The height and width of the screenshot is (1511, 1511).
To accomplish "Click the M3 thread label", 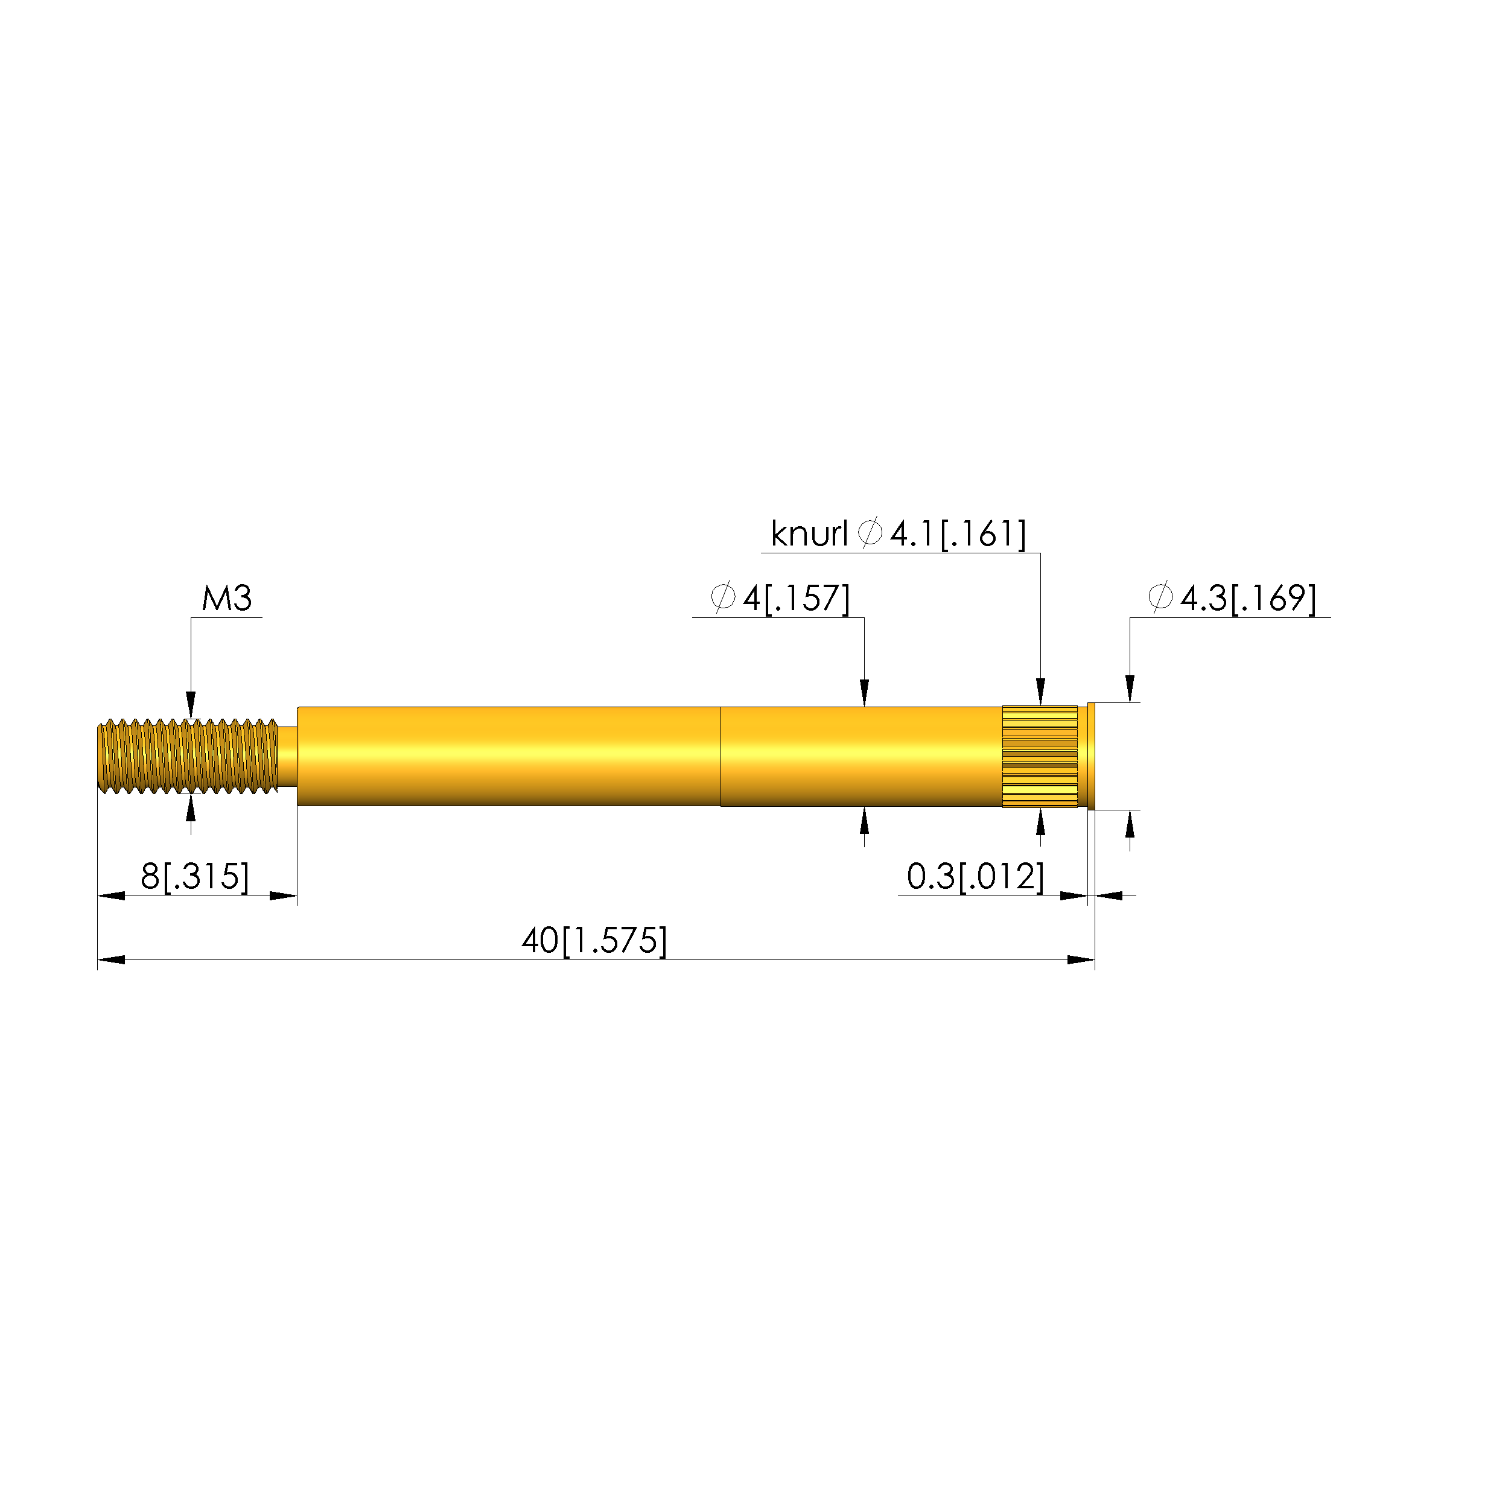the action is click(227, 599).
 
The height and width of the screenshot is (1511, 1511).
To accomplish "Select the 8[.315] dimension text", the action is click(195, 877).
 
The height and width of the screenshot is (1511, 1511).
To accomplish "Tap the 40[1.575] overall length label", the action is click(594, 941).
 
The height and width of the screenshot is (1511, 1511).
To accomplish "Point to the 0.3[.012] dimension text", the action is click(975, 877).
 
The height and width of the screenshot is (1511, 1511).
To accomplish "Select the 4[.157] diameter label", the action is click(796, 599).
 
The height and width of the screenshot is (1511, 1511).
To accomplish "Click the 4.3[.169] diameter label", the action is click(1249, 599).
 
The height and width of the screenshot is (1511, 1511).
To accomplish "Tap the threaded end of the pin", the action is click(188, 756).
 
